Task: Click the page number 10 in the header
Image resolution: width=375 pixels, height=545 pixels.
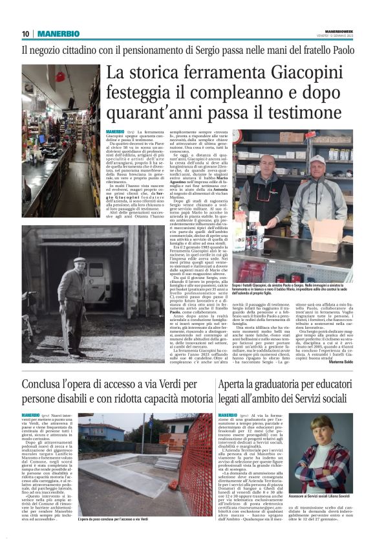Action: pyautogui.click(x=25, y=34)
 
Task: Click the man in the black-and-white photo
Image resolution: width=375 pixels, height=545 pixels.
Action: pyautogui.click(x=78, y=285)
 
